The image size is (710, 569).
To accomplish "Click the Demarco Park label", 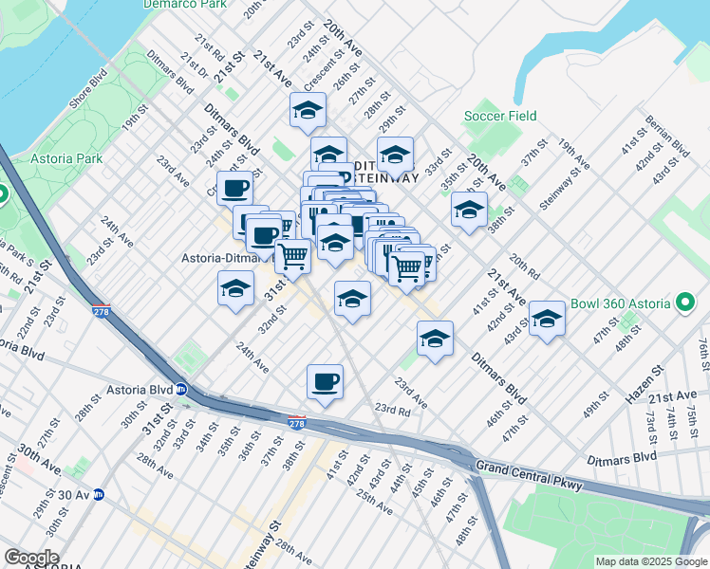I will click(185, 4).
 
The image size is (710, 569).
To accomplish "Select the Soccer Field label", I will click(500, 117).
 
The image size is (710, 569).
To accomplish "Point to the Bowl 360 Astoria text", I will click(621, 305).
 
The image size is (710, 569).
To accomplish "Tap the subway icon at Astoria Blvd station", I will click(180, 389).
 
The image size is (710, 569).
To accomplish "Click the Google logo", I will click(32, 558).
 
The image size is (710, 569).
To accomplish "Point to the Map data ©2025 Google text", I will click(650, 561).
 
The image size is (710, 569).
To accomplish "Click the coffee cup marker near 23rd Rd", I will click(326, 382).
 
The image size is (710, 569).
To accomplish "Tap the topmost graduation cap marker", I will click(308, 111).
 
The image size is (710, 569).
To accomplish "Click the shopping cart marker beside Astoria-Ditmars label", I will click(293, 255).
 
